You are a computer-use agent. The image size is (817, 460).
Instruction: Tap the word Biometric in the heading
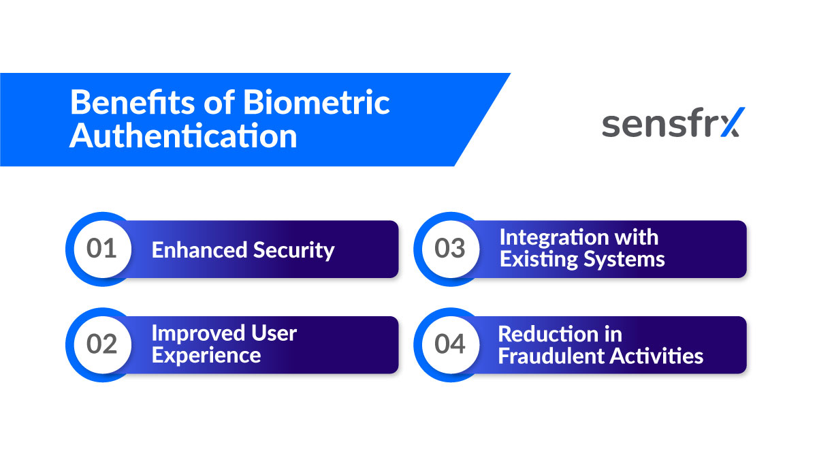pyautogui.click(x=317, y=103)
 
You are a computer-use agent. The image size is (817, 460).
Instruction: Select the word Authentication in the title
pyautogui.click(x=183, y=136)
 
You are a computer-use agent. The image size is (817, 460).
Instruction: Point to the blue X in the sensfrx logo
pyautogui.click(x=731, y=123)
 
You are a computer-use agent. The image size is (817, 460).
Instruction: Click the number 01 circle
pyautogui.click(x=102, y=249)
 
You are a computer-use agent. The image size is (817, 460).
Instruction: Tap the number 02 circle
pyautogui.click(x=102, y=345)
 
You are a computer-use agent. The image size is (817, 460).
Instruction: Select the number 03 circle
pyautogui.click(x=449, y=249)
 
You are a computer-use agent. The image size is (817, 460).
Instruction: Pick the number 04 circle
pyautogui.click(x=449, y=345)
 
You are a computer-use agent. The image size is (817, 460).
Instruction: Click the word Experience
pyautogui.click(x=206, y=356)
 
